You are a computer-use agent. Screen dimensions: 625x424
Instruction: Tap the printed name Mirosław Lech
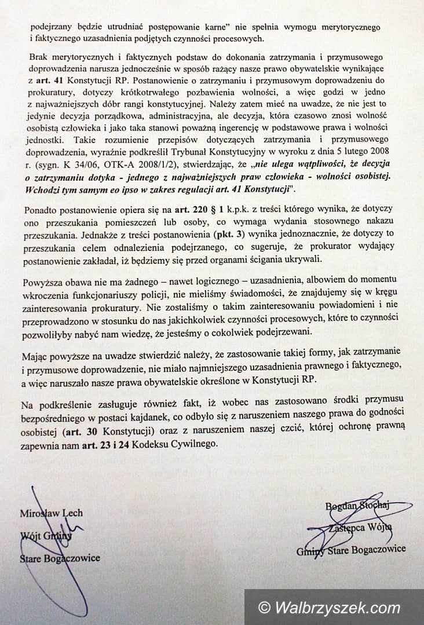(51, 513)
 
